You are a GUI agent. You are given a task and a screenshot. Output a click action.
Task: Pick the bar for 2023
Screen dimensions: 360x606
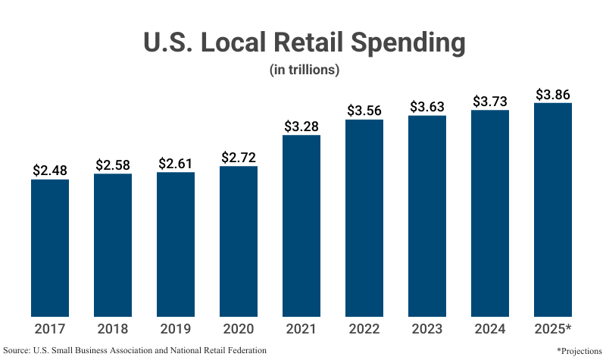[x=427, y=215]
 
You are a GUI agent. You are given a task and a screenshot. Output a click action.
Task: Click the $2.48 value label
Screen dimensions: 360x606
[x=50, y=171]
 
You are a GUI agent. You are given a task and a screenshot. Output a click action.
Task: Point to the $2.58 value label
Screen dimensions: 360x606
[x=113, y=165]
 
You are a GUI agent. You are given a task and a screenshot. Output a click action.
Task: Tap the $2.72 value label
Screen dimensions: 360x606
[x=239, y=158]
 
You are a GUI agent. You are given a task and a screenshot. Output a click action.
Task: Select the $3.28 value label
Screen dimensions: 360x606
[x=301, y=127]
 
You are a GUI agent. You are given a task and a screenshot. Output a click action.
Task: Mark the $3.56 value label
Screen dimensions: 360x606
[x=364, y=111]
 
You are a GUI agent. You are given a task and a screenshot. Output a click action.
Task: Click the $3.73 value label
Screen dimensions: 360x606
[x=490, y=102]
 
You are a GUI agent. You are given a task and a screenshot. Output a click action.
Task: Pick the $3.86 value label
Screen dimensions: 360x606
[x=553, y=95]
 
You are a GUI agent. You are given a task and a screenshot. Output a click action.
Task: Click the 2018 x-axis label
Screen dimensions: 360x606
[x=113, y=329]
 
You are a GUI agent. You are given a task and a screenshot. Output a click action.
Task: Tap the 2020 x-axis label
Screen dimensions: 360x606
[x=239, y=329]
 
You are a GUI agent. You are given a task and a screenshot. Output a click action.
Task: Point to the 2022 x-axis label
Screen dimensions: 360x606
[x=364, y=329]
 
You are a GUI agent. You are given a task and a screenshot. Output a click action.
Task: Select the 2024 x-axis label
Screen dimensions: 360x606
[x=490, y=329]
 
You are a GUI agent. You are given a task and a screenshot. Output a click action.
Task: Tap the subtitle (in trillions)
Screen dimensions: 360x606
[x=303, y=70]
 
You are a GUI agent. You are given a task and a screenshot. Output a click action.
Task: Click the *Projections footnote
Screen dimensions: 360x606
[x=579, y=351]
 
